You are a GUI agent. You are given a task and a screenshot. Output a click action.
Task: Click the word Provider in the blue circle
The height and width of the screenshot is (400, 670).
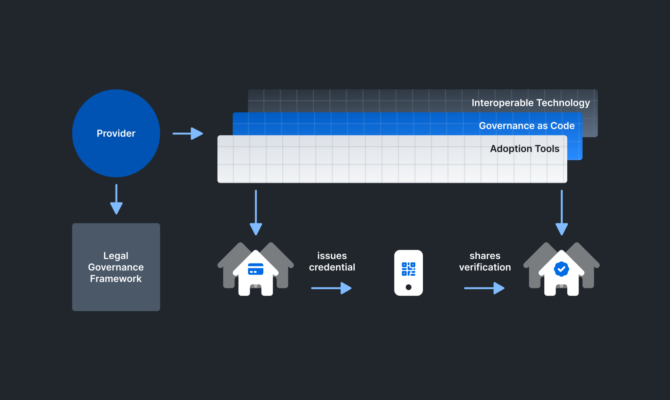[116, 133]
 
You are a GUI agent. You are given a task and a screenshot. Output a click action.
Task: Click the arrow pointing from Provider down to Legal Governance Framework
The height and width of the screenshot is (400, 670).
[116, 200]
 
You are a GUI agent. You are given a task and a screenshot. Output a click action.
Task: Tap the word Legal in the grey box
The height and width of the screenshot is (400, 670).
[116, 255]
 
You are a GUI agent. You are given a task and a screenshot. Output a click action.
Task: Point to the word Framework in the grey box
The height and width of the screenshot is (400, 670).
[116, 279]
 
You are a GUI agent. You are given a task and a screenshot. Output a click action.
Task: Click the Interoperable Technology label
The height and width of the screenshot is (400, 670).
[530, 103]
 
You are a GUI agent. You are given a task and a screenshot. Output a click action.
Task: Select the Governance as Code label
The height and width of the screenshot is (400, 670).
[526, 126]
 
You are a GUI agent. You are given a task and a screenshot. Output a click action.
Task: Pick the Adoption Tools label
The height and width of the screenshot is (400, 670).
[524, 148]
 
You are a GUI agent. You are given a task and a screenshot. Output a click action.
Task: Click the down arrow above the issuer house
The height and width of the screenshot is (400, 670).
[256, 213]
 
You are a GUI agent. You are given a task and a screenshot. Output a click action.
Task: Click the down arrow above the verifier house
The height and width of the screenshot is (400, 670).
[561, 213]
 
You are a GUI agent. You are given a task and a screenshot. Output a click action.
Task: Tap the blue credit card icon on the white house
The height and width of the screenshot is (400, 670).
[256, 269]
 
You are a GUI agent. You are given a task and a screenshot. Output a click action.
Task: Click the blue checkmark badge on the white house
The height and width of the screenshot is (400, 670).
[561, 269]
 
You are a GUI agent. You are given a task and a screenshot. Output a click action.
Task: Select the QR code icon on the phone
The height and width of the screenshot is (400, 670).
[408, 269]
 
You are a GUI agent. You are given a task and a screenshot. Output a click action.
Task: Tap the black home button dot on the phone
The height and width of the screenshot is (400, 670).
[408, 287]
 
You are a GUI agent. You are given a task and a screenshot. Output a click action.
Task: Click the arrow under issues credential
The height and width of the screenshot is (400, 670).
[331, 288]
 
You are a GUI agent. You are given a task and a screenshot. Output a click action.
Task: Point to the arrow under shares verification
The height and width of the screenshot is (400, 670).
[484, 288]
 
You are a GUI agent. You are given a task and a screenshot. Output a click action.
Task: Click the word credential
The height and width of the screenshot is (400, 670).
[332, 267]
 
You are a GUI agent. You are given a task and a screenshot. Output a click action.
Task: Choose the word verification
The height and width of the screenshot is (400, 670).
[485, 267]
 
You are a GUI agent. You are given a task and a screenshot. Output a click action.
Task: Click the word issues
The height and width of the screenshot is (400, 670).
[332, 255]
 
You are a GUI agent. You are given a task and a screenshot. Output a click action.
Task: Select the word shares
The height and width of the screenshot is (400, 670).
[485, 255]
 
